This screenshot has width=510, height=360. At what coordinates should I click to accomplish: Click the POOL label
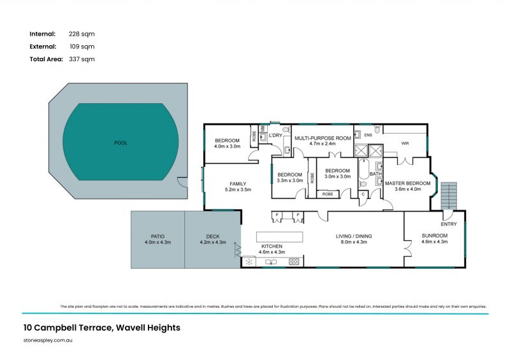(x=120, y=143)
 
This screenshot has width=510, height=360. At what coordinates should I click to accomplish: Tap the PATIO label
(x=157, y=236)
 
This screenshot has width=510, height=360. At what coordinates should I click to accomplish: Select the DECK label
(x=212, y=236)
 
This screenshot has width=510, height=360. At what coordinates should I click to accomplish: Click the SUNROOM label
(x=435, y=236)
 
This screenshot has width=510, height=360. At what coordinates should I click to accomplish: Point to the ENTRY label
(x=449, y=224)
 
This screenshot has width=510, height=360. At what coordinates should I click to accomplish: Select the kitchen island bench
(x=277, y=236)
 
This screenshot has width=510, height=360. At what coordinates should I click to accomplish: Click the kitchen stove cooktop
(x=294, y=261)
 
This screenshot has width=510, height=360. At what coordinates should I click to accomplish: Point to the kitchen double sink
(x=270, y=261)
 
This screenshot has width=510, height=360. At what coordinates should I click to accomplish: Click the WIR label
(x=405, y=143)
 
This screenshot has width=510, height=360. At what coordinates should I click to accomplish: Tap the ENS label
(x=367, y=135)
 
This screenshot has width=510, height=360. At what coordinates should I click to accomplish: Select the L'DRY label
(x=275, y=135)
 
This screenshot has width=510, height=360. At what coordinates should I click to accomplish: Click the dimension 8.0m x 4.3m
(x=354, y=242)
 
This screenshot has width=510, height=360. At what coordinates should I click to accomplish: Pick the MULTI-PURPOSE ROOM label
(x=322, y=138)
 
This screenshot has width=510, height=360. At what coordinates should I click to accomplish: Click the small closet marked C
(x=363, y=194)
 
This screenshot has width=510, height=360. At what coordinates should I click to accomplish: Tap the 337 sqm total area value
(x=82, y=59)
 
